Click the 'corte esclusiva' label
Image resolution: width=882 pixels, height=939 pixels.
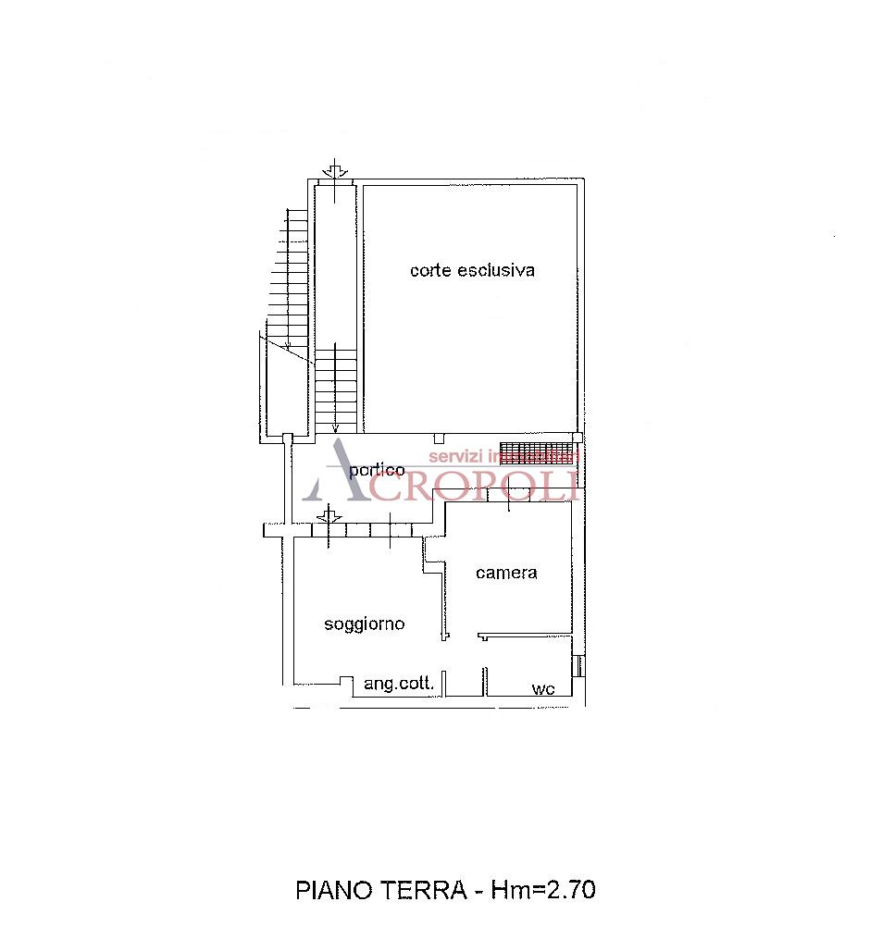pyautogui.click(x=472, y=270)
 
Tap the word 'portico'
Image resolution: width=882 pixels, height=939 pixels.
pyautogui.click(x=377, y=470)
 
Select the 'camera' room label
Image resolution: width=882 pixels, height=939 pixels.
pyautogui.click(x=506, y=573)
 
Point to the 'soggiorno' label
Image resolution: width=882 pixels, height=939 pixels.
pyautogui.click(x=364, y=624)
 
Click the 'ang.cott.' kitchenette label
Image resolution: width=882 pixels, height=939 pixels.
pyautogui.click(x=398, y=684)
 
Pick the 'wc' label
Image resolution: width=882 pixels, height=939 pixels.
pyautogui.click(x=542, y=688)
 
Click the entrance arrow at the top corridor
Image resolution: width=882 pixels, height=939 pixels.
pyautogui.click(x=334, y=170)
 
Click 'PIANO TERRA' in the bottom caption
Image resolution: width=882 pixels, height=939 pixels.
pyautogui.click(x=380, y=890)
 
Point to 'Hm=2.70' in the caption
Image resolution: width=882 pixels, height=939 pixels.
pyautogui.click(x=543, y=890)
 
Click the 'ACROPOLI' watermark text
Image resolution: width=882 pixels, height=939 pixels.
pyautogui.click(x=472, y=484)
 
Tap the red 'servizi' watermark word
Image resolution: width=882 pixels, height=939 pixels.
pyautogui.click(x=456, y=456)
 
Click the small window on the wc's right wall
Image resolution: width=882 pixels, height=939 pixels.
pyautogui.click(x=578, y=666)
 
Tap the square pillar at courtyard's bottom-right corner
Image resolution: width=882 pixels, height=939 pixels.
pyautogui.click(x=578, y=438)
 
